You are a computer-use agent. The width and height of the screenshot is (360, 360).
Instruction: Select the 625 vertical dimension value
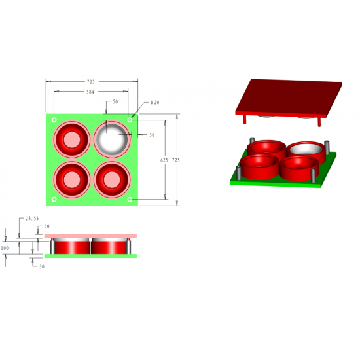(x=165, y=159)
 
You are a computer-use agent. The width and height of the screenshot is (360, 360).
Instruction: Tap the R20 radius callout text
(x=154, y=103)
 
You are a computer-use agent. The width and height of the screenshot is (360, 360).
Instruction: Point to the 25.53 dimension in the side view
(x=32, y=218)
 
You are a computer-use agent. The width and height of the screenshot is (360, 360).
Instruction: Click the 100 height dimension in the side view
(x=5, y=249)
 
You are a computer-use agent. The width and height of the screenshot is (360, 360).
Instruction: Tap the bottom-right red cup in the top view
(x=113, y=178)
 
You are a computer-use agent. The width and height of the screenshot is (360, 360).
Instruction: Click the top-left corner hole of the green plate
(x=54, y=120)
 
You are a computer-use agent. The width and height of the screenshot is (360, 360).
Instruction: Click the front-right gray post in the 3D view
(x=314, y=175)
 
